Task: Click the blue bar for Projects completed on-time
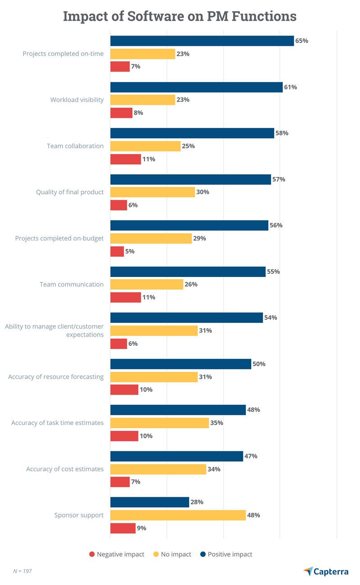[202, 41]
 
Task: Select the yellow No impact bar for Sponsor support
[178, 515]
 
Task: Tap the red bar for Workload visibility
[121, 113]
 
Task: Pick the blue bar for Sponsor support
[149, 502]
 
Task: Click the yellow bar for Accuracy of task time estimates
[159, 423]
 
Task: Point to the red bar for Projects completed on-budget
[117, 251]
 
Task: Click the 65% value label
[301, 41]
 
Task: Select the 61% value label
[290, 87]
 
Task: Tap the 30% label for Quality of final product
[203, 192]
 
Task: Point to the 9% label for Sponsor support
[141, 528]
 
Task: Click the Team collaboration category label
[75, 146]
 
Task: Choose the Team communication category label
[72, 285]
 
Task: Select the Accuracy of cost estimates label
[65, 469]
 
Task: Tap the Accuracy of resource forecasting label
[56, 377]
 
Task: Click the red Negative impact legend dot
[92, 554]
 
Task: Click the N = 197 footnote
[22, 571]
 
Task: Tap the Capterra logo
[326, 571]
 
